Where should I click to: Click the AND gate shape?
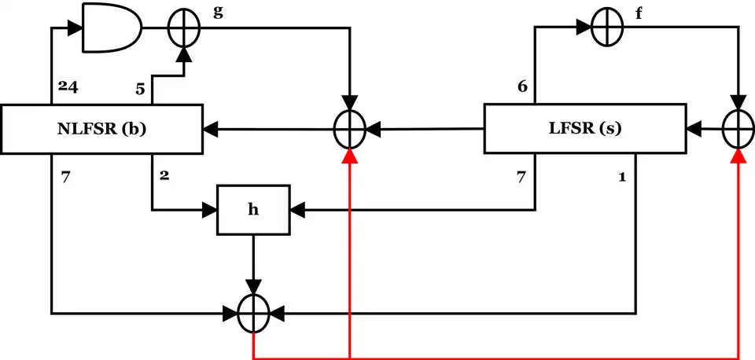(x=111, y=28)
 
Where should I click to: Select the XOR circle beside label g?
(x=185, y=28)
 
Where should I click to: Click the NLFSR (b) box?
(x=101, y=128)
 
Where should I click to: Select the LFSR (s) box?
(x=584, y=128)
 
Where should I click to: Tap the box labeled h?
(x=253, y=211)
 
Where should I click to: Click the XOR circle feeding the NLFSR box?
(x=349, y=127)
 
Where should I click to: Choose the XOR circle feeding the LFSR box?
(x=738, y=127)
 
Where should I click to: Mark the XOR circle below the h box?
(x=253, y=314)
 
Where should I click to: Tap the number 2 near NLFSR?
(x=164, y=174)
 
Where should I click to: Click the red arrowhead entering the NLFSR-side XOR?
(x=349, y=158)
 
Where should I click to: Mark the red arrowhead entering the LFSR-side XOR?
(x=738, y=158)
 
